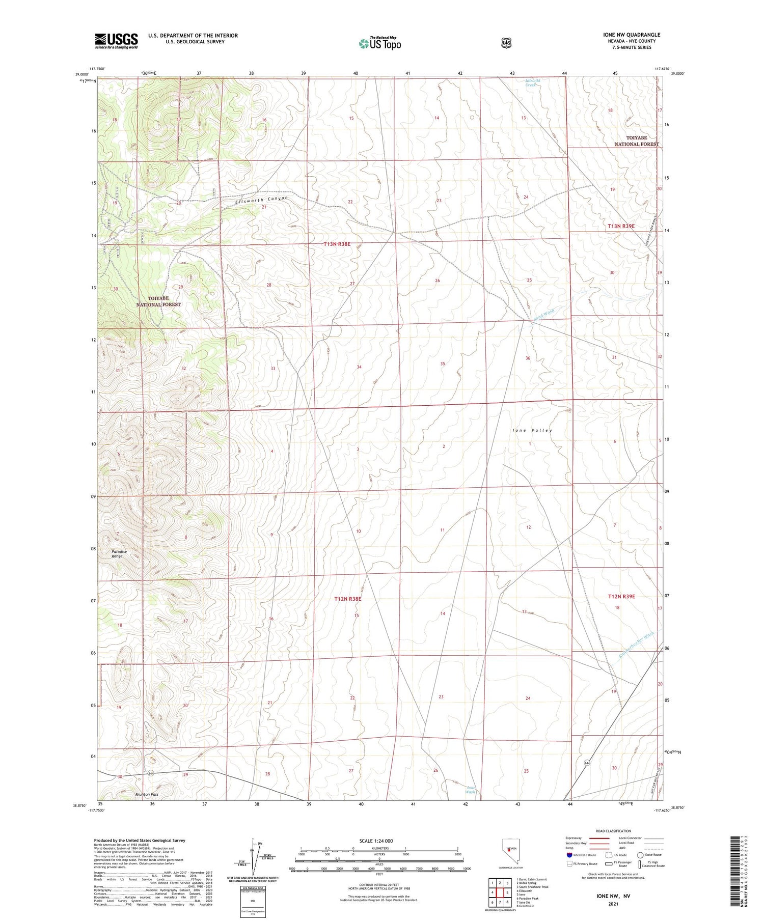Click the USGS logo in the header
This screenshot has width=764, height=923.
[x=116, y=41]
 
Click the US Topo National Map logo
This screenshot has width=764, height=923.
[x=379, y=43]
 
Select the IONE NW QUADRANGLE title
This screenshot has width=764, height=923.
[x=631, y=35]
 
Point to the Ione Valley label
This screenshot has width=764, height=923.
[x=532, y=430]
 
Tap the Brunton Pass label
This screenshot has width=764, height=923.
[x=147, y=794]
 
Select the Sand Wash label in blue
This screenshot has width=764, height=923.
[x=543, y=314]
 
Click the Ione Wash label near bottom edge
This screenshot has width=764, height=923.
[x=470, y=790]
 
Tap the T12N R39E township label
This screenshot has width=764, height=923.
[x=621, y=596]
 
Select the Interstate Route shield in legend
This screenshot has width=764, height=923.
[x=569, y=855]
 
